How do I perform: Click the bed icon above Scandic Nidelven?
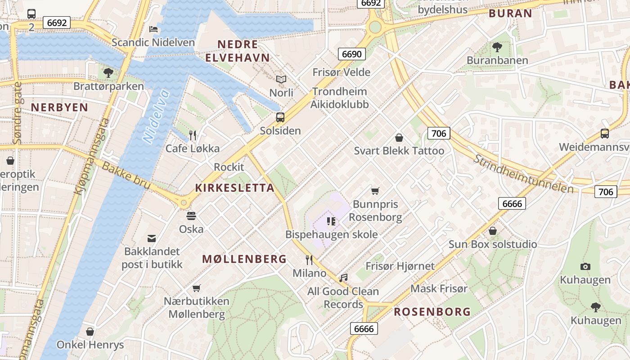coord(153,29)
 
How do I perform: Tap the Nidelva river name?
coord(156,116)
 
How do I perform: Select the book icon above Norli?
coord(281,80)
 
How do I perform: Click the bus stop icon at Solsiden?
coord(280,117)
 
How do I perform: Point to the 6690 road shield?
coord(351,54)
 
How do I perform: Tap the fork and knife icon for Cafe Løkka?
coord(193,135)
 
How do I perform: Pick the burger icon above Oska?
coord(191,216)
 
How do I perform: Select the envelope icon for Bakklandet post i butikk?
coord(152,238)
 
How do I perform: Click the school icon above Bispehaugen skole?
coord(332,221)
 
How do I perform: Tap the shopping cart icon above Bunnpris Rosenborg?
coord(375,191)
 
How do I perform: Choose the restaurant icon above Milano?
coord(309,260)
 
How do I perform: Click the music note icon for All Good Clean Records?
coord(343,278)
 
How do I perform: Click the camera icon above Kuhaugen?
coord(585,266)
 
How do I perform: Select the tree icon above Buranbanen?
coord(497,47)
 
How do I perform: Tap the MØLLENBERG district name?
coord(244,259)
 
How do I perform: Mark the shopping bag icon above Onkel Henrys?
coord(90,332)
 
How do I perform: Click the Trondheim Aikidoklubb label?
coord(340,98)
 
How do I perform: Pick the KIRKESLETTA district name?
coord(234,188)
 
